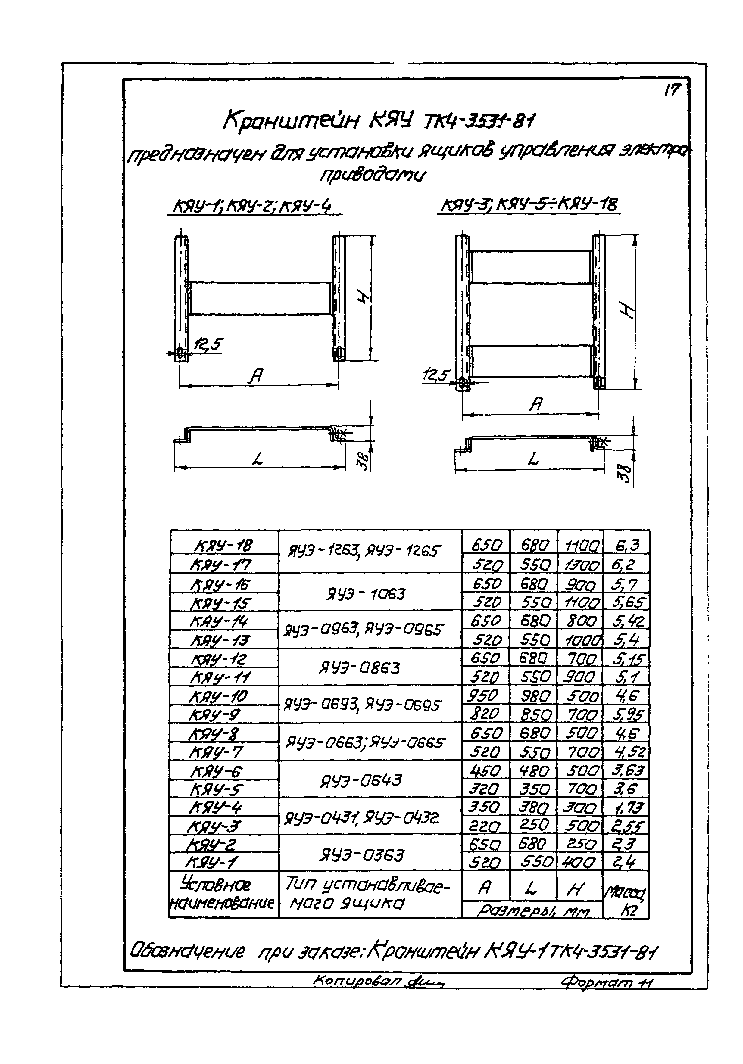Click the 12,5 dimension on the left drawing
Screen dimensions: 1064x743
tap(209, 345)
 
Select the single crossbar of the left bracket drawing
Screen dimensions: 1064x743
tap(261, 298)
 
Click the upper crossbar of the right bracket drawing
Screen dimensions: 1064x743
tap(532, 267)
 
